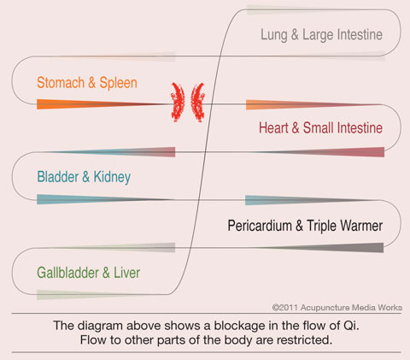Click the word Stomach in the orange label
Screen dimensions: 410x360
[61, 83]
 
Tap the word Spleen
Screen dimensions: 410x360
[118, 84]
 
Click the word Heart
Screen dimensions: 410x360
[273, 127]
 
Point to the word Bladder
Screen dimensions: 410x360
[58, 177]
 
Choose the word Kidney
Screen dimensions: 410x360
[112, 177]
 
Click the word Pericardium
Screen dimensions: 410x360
[260, 226]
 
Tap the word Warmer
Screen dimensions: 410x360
[361, 226]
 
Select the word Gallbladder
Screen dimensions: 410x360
[67, 273]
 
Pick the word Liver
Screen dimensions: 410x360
[126, 273]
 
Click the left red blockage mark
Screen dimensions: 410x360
[178, 102]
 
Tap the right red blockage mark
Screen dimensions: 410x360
[197, 103]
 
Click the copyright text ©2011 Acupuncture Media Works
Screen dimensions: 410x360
[337, 308]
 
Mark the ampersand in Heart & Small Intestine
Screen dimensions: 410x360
[296, 127]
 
